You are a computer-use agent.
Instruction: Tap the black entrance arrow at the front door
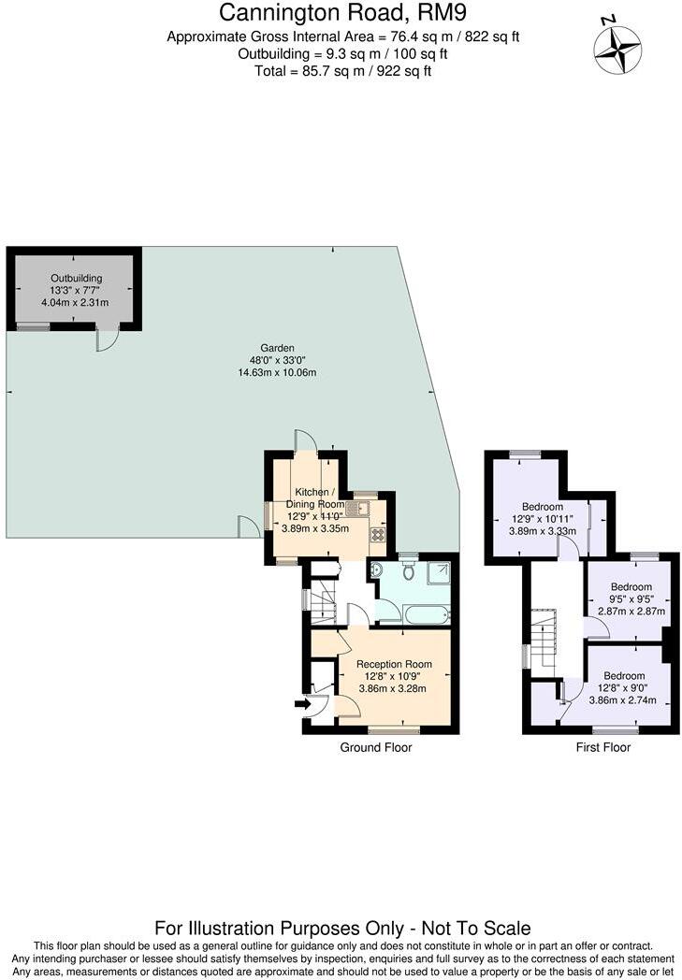pyautogui.click(x=301, y=705)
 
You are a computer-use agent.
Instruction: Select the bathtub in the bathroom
pyautogui.click(x=427, y=615)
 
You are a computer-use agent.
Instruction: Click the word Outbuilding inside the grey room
pyautogui.click(x=76, y=279)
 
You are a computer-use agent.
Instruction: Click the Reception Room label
pyautogui.click(x=392, y=665)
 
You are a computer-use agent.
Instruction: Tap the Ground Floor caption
pyautogui.click(x=376, y=747)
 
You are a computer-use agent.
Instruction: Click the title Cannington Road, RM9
pyautogui.click(x=341, y=13)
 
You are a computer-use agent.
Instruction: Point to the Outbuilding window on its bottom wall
pyautogui.click(x=34, y=326)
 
